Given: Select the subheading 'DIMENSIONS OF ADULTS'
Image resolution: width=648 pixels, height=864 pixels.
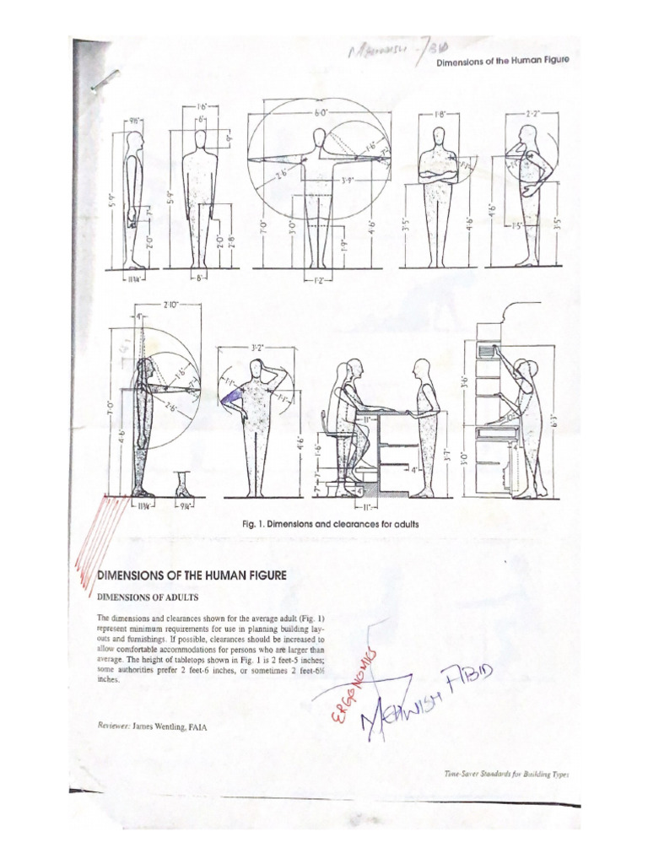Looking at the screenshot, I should click(x=148, y=597).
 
